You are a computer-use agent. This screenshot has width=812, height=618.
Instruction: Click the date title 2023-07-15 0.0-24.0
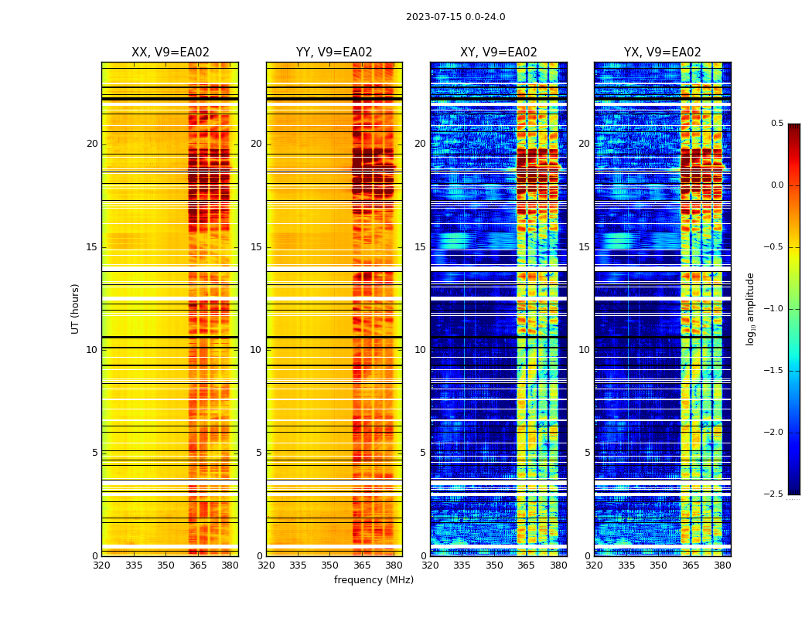click(x=455, y=17)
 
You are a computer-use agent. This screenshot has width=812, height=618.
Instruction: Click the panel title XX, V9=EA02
click(x=170, y=53)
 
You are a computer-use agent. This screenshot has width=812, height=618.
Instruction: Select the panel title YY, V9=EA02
click(x=334, y=53)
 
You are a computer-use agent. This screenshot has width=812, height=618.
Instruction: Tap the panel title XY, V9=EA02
click(x=499, y=53)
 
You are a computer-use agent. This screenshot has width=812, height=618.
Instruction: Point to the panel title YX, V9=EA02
click(x=663, y=53)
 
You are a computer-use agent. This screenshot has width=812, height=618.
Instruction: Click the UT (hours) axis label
click(x=75, y=308)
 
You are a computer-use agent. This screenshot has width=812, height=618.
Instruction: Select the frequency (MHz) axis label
click(x=374, y=580)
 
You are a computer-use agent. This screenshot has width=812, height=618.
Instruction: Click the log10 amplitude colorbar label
click(x=750, y=308)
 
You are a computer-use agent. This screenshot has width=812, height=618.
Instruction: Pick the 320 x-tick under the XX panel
click(x=101, y=565)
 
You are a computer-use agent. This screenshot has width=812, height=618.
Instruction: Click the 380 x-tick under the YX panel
click(x=722, y=565)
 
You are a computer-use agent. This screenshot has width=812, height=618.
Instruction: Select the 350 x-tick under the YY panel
click(x=330, y=565)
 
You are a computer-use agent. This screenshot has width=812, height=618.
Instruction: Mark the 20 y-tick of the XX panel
click(x=92, y=144)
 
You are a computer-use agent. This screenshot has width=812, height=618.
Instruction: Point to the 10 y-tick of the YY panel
click(x=257, y=350)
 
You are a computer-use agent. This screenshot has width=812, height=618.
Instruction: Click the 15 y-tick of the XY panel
click(x=421, y=247)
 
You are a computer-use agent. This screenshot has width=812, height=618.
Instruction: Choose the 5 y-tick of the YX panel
click(x=588, y=453)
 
